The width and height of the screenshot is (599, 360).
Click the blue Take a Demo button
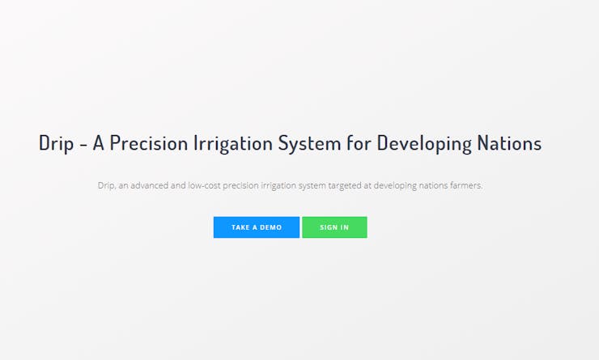pyautogui.click(x=257, y=227)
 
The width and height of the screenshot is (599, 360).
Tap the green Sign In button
pyautogui.click(x=334, y=227)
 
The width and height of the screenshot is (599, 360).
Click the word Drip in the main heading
pyautogui.click(x=56, y=143)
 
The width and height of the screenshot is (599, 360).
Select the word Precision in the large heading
pyautogui.click(x=149, y=142)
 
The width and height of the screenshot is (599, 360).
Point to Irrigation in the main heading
pyautogui.click(x=233, y=143)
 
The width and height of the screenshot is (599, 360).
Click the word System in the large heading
pyautogui.click(x=309, y=143)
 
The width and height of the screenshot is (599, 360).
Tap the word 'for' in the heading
pyautogui.click(x=359, y=142)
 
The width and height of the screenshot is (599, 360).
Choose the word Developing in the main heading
pyautogui.click(x=424, y=143)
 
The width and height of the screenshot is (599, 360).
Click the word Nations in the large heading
pyautogui.click(x=509, y=142)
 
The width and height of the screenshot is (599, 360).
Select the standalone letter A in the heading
pyautogui.click(x=99, y=142)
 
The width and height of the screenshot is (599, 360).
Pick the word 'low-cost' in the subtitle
pyautogui.click(x=204, y=185)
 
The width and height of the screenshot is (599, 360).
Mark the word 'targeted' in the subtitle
pyautogui.click(x=344, y=186)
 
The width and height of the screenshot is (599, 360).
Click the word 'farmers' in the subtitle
pyautogui.click(x=466, y=185)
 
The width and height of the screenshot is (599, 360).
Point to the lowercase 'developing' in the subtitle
pyautogui.click(x=395, y=186)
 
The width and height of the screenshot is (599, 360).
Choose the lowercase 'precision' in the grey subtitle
pyautogui.click(x=240, y=186)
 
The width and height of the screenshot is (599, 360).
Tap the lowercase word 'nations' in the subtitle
pyautogui.click(x=433, y=185)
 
